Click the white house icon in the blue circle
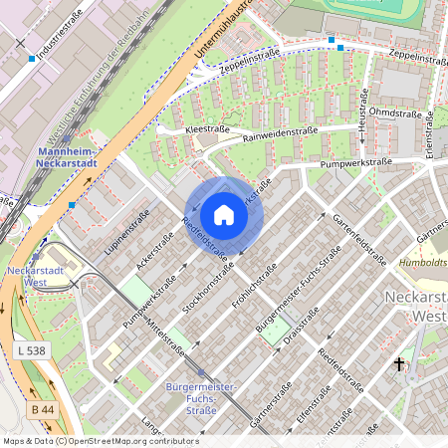[224, 214]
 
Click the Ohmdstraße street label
[396, 112]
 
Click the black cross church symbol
[399, 365]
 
